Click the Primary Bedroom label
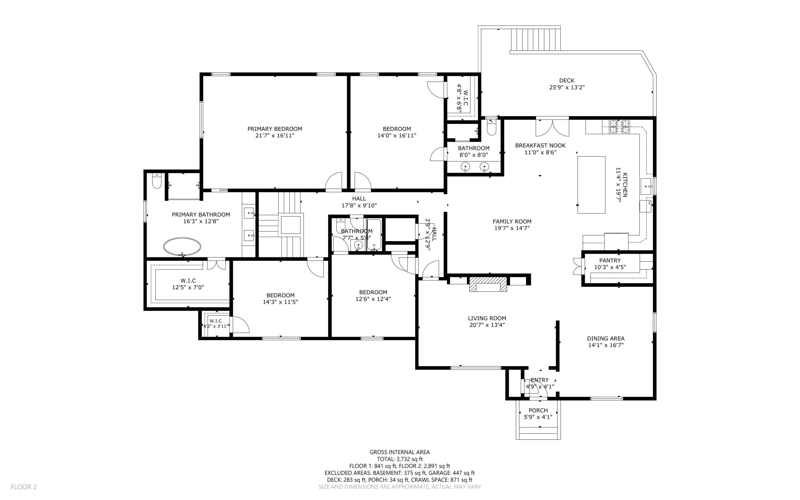point(275,129)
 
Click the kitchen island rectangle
point(591,185)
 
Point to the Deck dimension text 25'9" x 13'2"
point(567,88)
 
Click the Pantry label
point(610,260)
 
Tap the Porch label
point(538,410)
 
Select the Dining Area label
point(606,338)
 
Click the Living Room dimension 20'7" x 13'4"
point(487,325)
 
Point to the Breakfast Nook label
point(540,145)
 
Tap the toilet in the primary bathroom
point(157,180)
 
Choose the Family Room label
point(512,222)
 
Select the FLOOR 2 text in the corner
point(24,487)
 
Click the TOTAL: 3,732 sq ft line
point(400,459)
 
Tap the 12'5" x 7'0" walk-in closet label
point(188,287)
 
